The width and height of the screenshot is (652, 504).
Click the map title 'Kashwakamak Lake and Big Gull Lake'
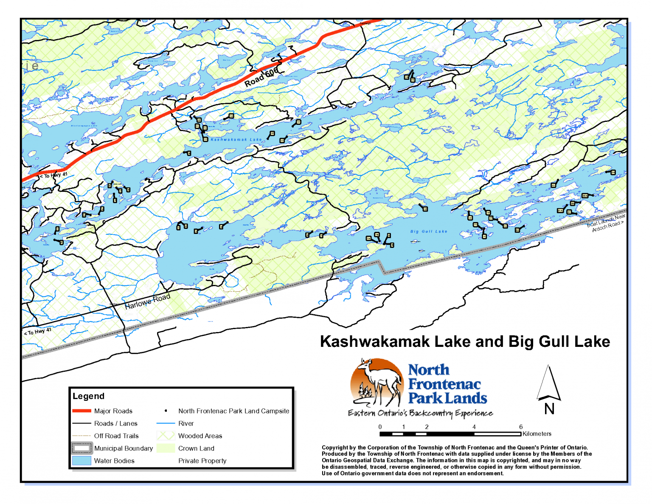tap(465, 342)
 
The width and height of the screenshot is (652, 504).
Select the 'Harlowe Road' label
tap(147, 301)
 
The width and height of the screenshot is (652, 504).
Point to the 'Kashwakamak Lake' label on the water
tap(236, 140)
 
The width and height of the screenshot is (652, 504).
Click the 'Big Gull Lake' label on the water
tap(429, 231)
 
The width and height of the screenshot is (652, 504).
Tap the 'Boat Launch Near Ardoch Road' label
tap(607, 222)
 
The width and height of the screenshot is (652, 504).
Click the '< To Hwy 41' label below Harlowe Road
tap(38, 332)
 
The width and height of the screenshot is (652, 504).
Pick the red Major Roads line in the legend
tap(81, 411)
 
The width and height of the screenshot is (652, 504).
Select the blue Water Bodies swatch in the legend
tap(81, 461)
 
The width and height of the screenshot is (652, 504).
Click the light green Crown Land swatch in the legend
tap(166, 448)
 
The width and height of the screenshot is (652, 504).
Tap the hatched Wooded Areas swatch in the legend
tap(166, 436)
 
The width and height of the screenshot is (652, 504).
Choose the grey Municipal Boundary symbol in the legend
tap(81, 448)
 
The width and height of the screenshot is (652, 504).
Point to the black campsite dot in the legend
tap(166, 411)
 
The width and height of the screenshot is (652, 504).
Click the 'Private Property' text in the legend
tap(202, 461)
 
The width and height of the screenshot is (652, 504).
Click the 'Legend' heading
tap(88, 396)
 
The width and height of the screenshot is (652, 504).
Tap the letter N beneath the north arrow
tap(549, 409)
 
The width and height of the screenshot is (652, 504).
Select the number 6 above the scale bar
tap(520, 427)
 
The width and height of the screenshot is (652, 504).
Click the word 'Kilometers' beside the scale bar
tap(537, 434)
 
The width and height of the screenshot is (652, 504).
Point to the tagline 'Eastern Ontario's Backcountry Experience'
tap(420, 413)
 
